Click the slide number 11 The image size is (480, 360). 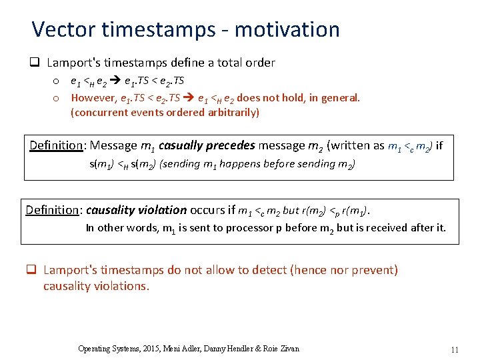coord(455,349)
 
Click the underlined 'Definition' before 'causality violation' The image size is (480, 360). coord(52,210)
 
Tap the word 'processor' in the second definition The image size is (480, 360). coord(252,228)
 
